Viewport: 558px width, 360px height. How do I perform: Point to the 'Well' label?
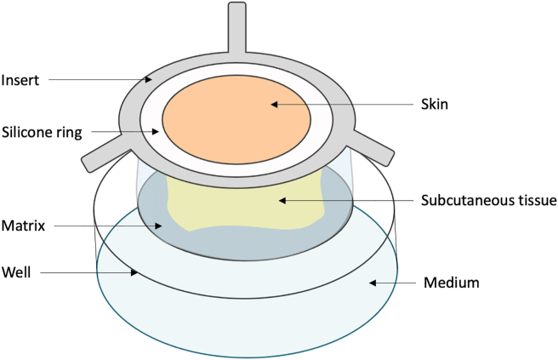click(20, 272)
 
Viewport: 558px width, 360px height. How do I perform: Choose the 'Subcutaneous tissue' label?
click(487, 201)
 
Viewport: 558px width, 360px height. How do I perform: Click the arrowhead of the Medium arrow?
click(369, 281)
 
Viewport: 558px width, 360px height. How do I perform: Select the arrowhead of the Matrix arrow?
click(163, 226)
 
